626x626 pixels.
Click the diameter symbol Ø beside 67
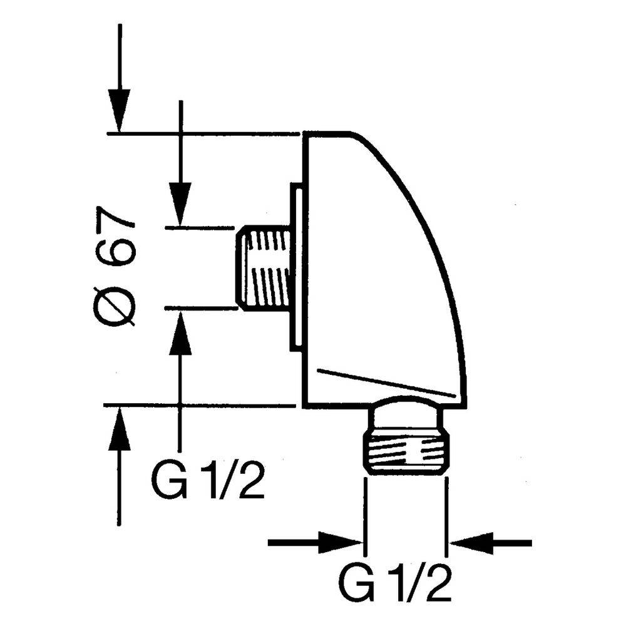click(114, 305)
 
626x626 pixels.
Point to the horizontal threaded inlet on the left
click(263, 267)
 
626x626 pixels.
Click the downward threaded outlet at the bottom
click(407, 453)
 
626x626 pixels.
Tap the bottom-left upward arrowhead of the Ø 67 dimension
click(120, 427)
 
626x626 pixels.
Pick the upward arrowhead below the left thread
click(180, 331)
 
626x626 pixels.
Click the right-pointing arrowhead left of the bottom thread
click(341, 543)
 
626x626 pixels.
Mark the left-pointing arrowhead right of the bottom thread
click(471, 543)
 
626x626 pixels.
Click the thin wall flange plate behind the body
click(296, 267)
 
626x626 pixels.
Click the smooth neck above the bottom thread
click(408, 417)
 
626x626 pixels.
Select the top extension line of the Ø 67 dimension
click(203, 133)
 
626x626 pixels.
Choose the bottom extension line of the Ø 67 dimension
click(199, 406)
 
